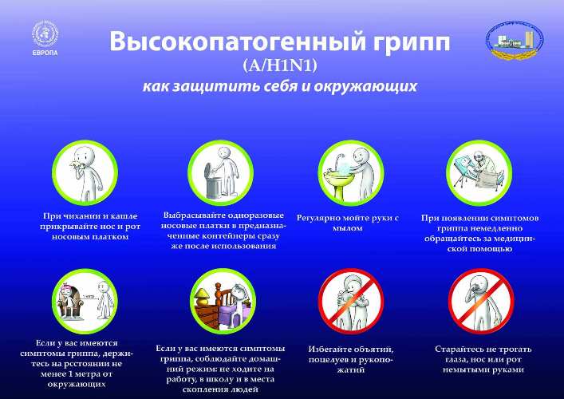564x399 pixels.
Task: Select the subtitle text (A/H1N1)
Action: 280,65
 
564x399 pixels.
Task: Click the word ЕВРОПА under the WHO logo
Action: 45,53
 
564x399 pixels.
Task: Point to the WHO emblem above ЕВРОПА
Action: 45,34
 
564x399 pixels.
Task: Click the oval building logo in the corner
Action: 515,40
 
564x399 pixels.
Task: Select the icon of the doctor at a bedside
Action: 479,172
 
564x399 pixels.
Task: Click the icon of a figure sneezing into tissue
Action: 85,172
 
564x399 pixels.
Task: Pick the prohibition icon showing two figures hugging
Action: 351,301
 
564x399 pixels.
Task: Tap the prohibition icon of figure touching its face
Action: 481,301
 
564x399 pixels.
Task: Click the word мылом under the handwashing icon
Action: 347,228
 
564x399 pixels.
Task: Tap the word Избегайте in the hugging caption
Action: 329,349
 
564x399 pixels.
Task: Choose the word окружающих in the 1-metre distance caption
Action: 77,384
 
